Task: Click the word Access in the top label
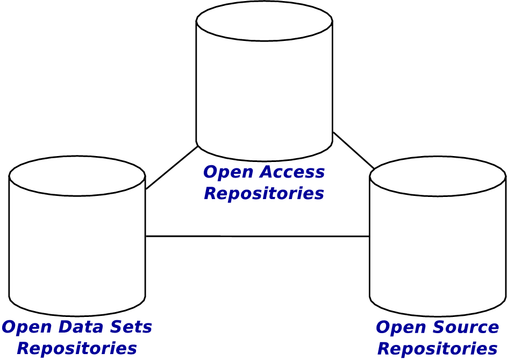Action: tap(292, 172)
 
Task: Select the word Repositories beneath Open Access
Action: tap(264, 193)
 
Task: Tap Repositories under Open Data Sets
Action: tap(76, 348)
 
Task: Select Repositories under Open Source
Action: tap(437, 348)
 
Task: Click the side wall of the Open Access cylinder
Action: tap(264, 91)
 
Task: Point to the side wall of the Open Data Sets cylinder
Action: tap(77, 248)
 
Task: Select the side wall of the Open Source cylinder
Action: tap(438, 248)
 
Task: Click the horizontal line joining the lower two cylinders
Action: tap(257, 236)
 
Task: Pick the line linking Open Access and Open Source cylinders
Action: tap(353, 150)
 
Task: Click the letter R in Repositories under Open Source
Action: tap(384, 348)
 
